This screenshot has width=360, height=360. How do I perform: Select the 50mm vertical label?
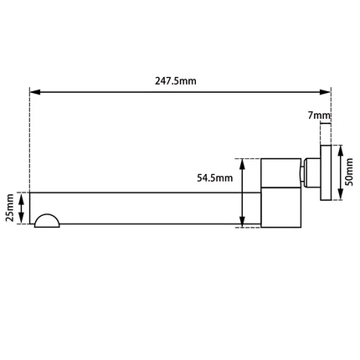350,172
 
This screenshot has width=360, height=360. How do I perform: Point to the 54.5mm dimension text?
213,177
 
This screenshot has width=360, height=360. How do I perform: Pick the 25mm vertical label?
9,208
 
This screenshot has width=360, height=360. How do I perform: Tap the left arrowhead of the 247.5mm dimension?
34,92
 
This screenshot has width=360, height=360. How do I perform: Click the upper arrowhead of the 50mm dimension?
340,147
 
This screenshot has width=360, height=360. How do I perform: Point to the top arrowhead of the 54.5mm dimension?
242,162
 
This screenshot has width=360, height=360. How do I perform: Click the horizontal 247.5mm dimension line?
126,92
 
